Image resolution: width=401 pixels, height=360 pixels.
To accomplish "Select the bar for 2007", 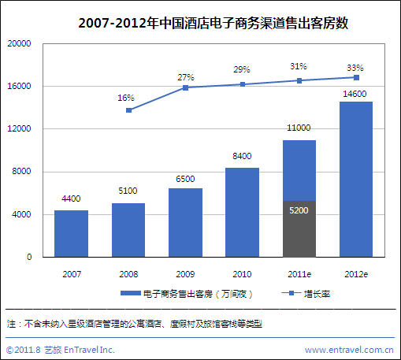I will [x=71, y=233].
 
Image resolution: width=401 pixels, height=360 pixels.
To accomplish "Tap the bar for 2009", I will [x=185, y=222].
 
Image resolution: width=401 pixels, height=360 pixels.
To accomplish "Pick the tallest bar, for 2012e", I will [x=356, y=179].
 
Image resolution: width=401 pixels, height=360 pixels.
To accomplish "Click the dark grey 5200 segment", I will [x=299, y=229].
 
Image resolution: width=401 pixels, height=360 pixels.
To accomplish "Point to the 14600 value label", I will [x=356, y=94].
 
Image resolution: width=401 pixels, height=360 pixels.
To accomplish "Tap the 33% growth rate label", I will [x=356, y=66].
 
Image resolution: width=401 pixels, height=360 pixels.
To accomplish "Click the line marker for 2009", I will [x=185, y=87].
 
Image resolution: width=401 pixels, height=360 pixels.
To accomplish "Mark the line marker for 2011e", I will [x=299, y=80].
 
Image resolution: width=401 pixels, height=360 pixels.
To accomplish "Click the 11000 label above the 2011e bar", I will [x=299, y=128].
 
